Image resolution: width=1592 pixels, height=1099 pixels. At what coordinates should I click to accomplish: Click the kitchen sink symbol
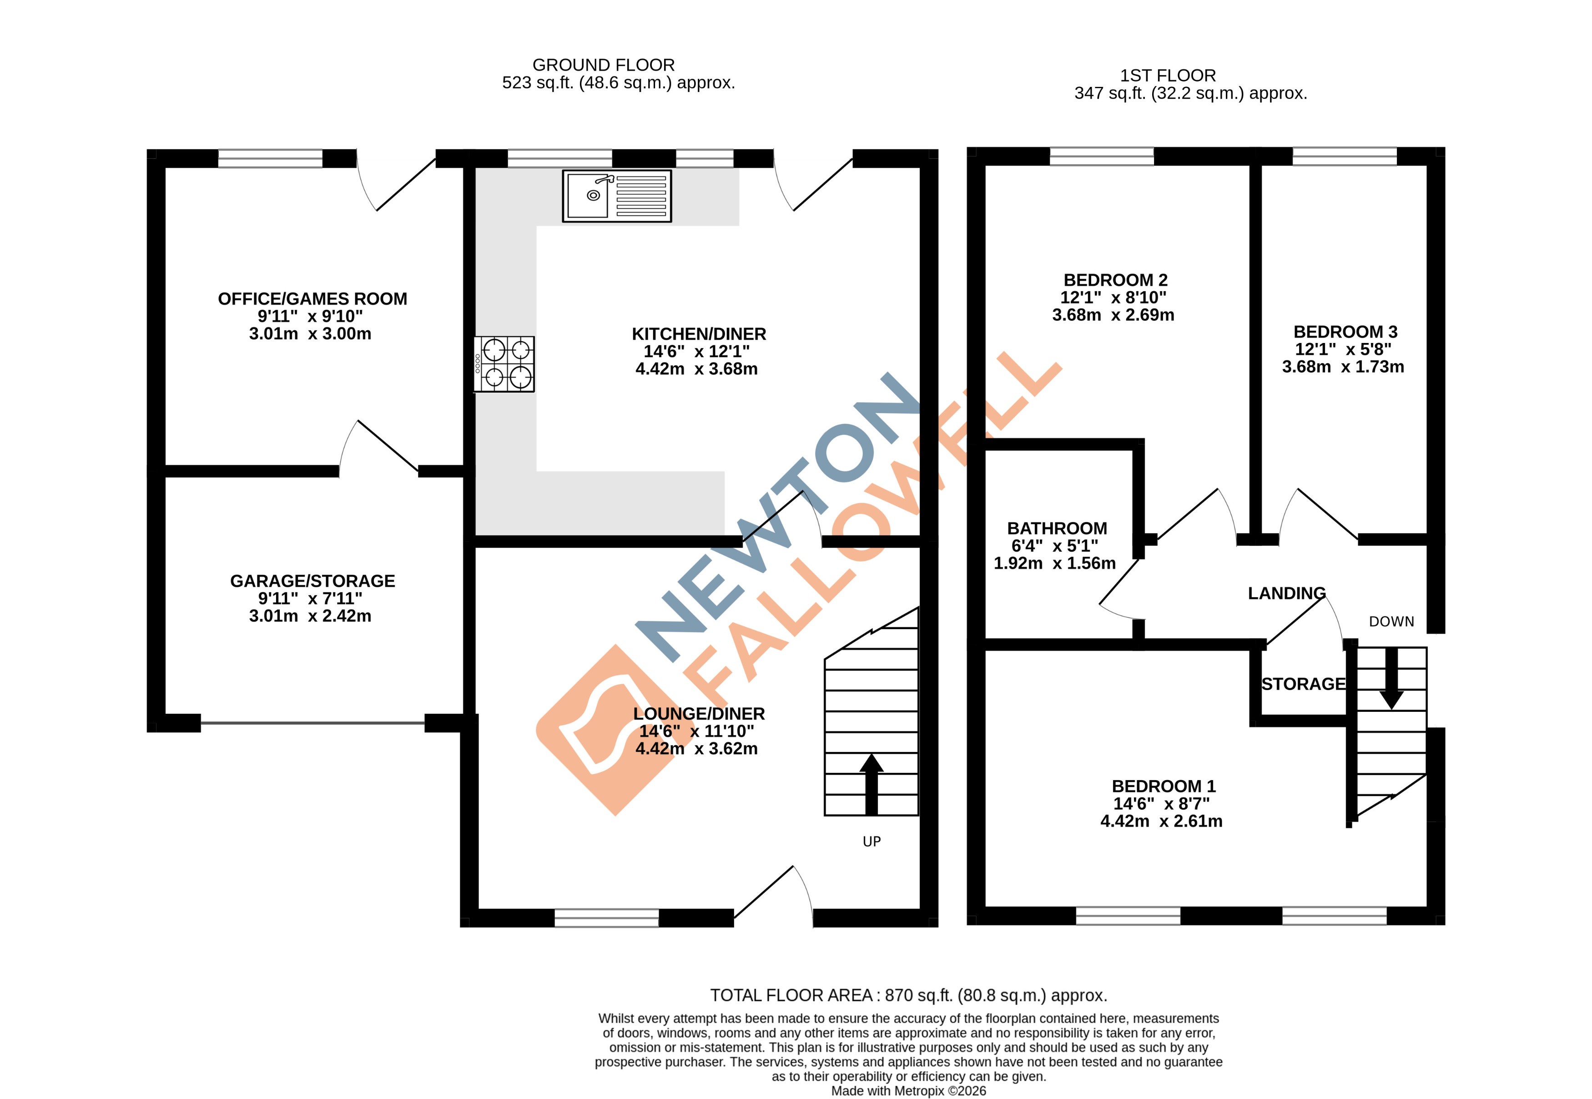[x=616, y=196]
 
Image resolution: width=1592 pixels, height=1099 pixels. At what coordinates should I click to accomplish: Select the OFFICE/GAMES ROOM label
[x=312, y=299]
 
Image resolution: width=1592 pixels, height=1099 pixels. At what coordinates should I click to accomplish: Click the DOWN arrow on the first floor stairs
[x=1391, y=678]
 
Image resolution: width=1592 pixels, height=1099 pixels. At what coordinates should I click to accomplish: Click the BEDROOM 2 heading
[x=1115, y=280]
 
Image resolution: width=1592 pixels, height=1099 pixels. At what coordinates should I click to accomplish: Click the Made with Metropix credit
[x=908, y=1091]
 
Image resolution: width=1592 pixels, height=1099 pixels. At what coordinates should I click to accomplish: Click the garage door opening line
[x=312, y=723]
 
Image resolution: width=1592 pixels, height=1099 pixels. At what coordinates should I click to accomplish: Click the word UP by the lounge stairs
[x=871, y=842]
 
